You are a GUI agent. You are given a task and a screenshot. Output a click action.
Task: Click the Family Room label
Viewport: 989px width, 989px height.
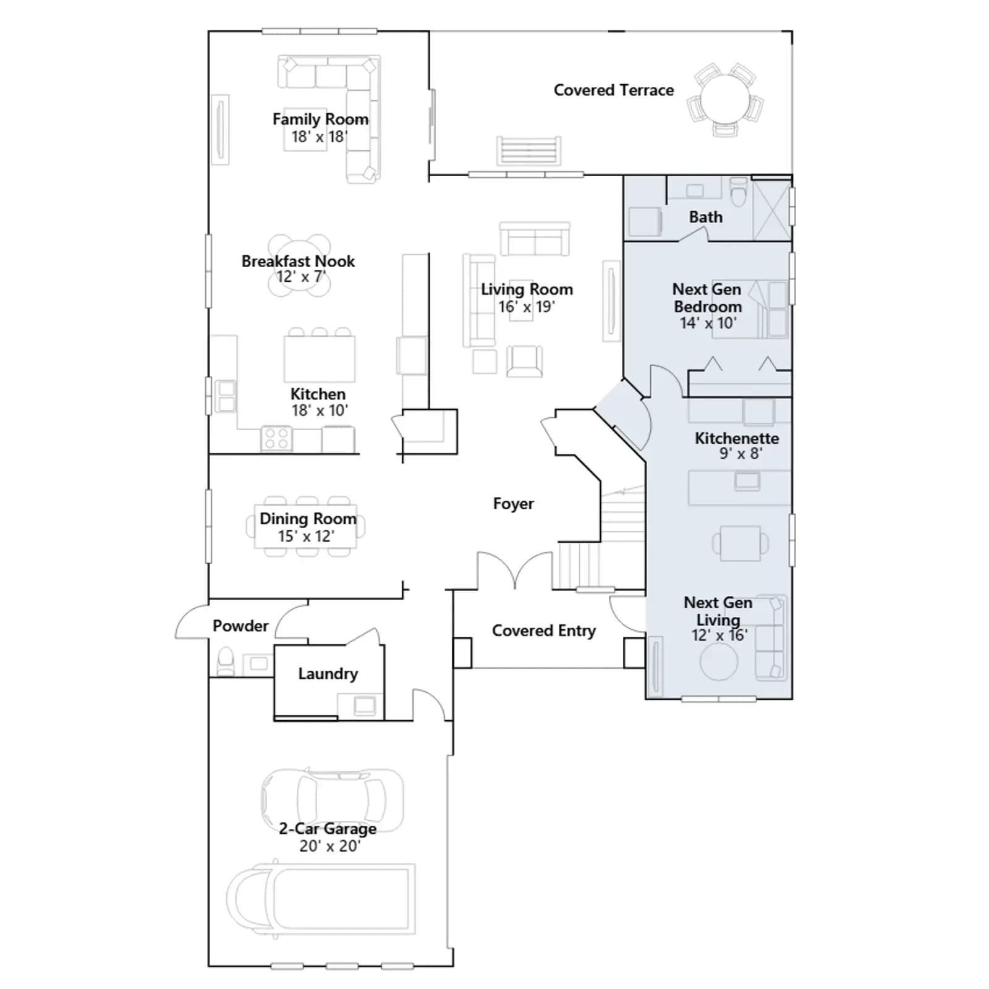(x=320, y=119)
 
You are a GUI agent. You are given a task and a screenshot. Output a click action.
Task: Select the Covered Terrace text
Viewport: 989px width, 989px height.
(x=614, y=90)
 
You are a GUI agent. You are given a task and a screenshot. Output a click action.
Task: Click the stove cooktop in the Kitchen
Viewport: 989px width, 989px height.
(x=276, y=438)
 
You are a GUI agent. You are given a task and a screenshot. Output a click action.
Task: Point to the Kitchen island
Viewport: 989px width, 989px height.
(x=320, y=359)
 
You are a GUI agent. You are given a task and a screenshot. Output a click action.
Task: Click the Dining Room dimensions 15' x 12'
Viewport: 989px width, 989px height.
(x=306, y=536)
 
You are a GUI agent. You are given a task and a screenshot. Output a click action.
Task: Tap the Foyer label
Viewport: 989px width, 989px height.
(x=514, y=504)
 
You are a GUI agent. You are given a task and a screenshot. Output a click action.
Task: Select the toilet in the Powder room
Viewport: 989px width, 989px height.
(x=226, y=661)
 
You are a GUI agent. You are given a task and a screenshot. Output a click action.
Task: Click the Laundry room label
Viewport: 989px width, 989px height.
(x=328, y=674)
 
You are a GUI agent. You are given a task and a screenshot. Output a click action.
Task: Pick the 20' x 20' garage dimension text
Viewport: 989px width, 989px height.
(x=329, y=846)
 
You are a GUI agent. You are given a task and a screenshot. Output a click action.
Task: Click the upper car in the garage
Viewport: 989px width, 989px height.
(x=332, y=800)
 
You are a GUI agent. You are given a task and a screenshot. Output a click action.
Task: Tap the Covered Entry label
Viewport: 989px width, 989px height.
(x=544, y=630)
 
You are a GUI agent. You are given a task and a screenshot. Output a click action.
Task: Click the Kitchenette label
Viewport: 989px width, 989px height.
(x=737, y=438)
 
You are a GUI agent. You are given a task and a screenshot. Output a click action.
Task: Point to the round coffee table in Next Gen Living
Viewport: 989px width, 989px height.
(x=719, y=661)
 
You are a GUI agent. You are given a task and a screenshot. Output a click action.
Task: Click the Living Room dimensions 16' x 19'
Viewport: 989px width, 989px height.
(x=527, y=306)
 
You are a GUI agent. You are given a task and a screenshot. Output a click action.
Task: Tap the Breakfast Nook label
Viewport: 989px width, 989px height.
(x=298, y=261)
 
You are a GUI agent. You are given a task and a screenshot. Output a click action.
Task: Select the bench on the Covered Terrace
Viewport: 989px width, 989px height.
(x=529, y=151)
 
